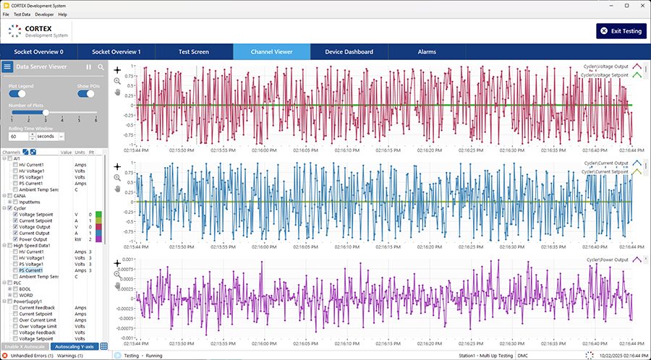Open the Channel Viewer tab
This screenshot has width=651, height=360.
coord(271,52)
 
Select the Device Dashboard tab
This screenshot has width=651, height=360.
coord(349,52)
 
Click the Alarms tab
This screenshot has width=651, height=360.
coord(427,52)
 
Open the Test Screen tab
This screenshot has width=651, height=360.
coord(194,52)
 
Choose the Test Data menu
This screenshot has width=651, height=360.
coord(22,14)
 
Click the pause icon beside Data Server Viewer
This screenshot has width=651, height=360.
coord(89,67)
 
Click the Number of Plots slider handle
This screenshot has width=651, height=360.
coord(46,113)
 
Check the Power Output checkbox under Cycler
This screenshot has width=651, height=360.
coord(15,239)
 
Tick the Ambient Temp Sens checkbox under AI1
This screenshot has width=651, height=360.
coord(15,189)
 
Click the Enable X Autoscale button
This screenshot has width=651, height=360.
coord(25,346)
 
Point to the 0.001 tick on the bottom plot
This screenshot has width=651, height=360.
coord(127,258)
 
